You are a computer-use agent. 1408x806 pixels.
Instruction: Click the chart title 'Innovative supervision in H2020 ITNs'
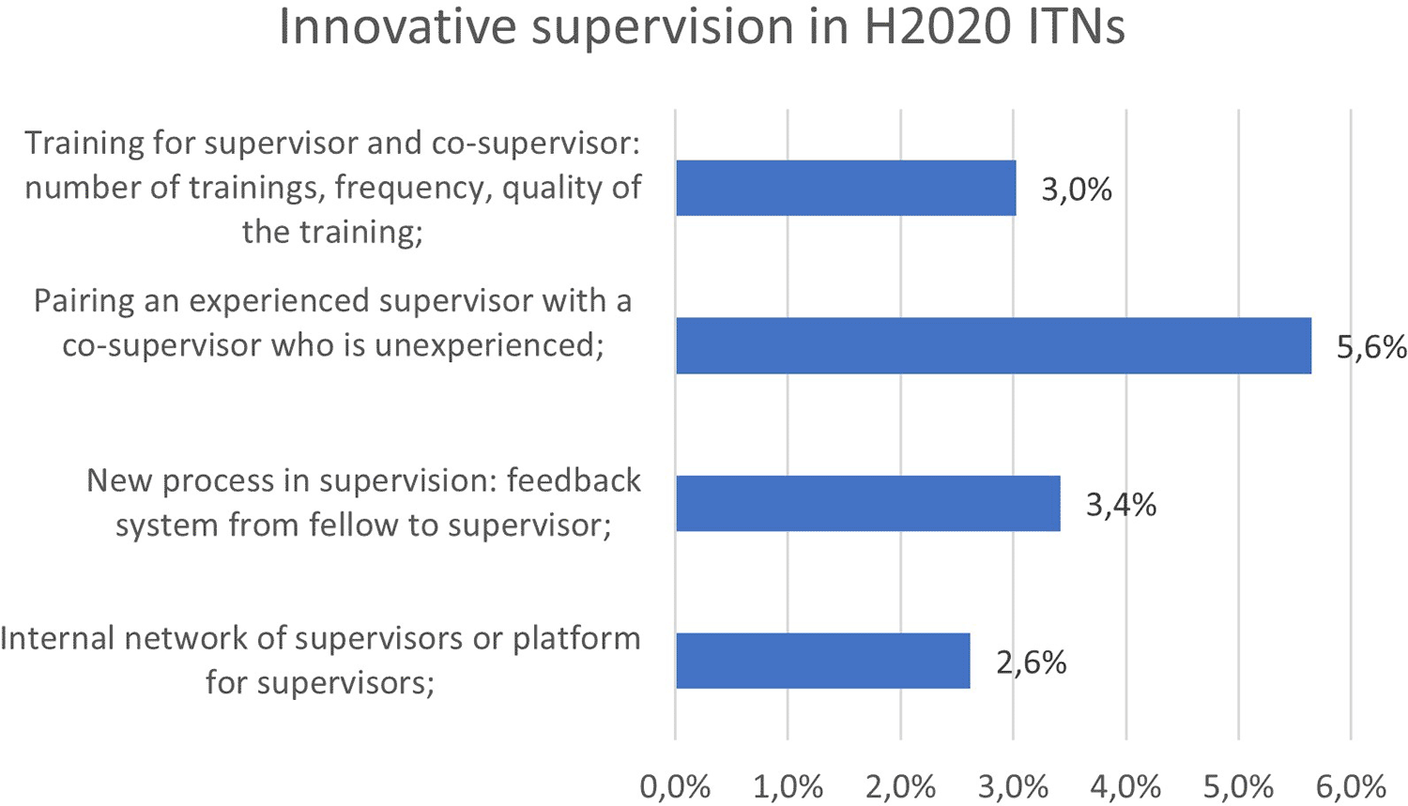[701, 26]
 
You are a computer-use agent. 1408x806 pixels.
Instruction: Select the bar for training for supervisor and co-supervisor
[846, 188]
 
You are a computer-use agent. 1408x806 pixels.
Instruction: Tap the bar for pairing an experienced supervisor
[994, 345]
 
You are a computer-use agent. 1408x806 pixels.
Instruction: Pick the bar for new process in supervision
[868, 503]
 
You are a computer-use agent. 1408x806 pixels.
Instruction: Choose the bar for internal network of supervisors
[823, 661]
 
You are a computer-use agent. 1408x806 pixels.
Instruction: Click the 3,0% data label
[1077, 190]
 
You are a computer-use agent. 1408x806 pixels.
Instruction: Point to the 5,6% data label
[1370, 347]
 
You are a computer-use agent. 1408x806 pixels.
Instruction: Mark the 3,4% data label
[1122, 505]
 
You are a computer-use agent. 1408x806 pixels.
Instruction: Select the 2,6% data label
[1032, 662]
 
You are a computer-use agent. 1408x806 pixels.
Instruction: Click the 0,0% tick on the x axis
[675, 786]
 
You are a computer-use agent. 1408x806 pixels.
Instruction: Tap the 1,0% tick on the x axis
[788, 786]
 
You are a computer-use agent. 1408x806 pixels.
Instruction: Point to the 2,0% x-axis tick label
[901, 786]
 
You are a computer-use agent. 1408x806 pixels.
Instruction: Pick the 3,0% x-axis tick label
[1013, 786]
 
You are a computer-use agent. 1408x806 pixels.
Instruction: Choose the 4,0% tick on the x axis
[1125, 786]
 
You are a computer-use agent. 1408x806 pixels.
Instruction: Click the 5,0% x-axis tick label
[1238, 786]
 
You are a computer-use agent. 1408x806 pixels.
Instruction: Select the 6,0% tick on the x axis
[1351, 786]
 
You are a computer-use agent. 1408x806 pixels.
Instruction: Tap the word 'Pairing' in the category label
[84, 302]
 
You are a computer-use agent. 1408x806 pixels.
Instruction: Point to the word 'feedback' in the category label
[574, 480]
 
